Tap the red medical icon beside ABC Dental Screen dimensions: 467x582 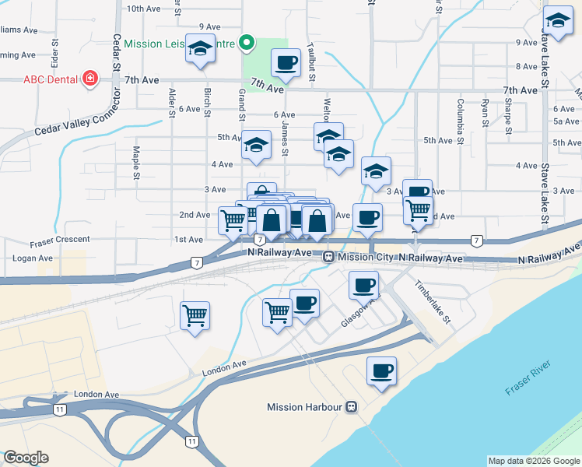click(90, 79)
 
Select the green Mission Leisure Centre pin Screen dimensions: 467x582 click(247, 43)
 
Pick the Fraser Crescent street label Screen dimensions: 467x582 click(61, 240)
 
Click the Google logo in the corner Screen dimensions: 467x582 click(26, 458)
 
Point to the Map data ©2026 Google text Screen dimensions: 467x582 click(533, 461)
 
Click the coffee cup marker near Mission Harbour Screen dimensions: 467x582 click(381, 370)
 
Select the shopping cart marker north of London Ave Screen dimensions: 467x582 click(195, 315)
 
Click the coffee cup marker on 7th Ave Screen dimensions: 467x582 click(286, 62)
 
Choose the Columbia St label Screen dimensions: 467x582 click(461, 114)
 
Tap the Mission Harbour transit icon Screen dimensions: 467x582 click(352, 407)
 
